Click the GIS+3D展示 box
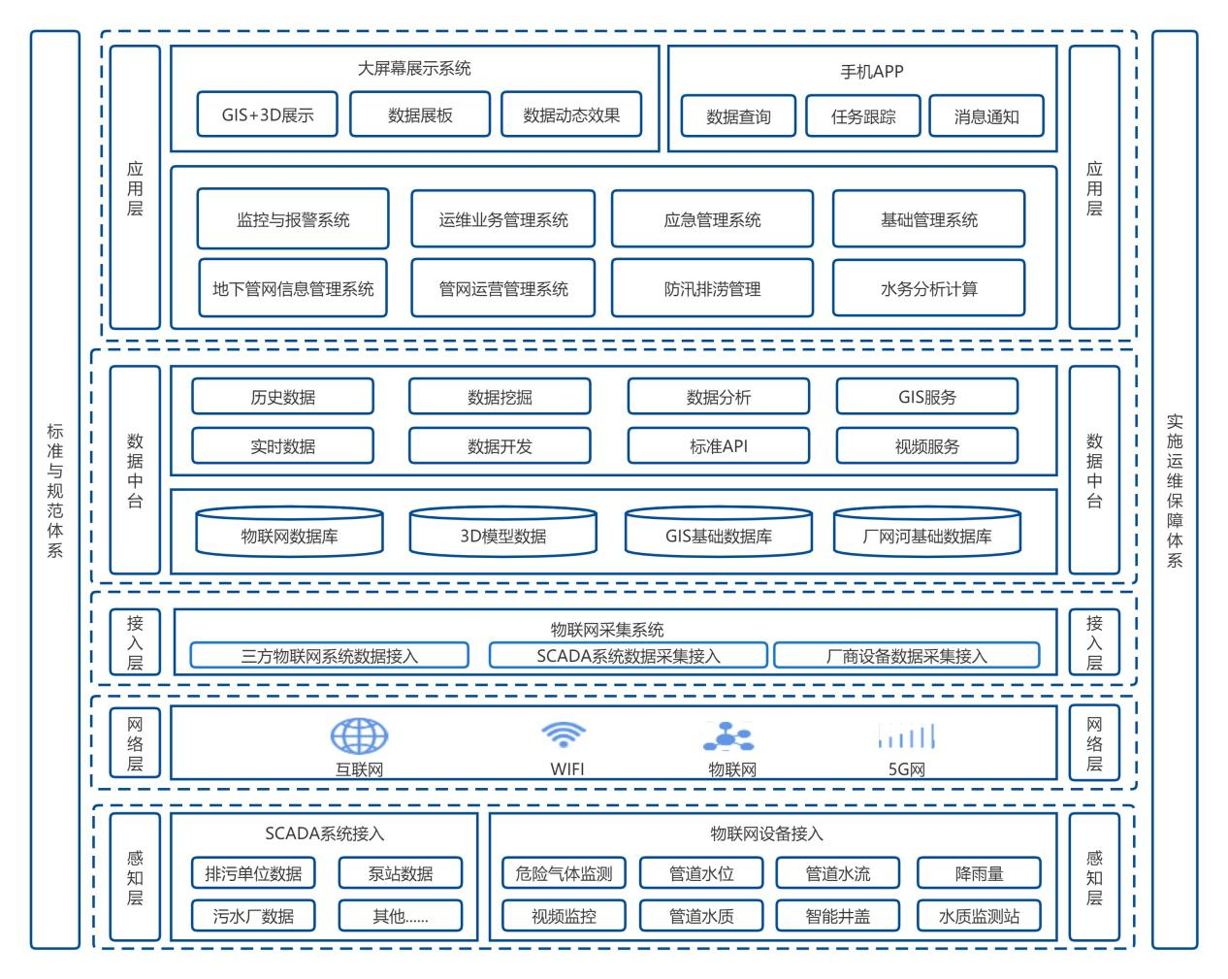pos(268,114)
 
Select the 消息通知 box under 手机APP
pos(986,116)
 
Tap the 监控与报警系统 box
pos(293,219)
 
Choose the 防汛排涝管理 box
pos(712,288)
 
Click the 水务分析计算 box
pos(928,288)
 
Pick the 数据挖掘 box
pos(500,397)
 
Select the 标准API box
pos(718,446)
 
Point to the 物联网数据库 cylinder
pos(289,533)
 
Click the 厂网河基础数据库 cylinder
pos(926,533)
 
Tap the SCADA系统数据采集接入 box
pos(628,656)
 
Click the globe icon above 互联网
pos(359,736)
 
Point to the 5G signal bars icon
pos(906,736)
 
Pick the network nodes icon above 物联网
pos(728,737)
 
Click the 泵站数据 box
pos(401,873)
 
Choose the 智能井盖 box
pos(838,915)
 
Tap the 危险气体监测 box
pos(564,873)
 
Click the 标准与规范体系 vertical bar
pos(55,489)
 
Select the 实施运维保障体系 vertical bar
pos(1175,489)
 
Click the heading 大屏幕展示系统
pos(414,69)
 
